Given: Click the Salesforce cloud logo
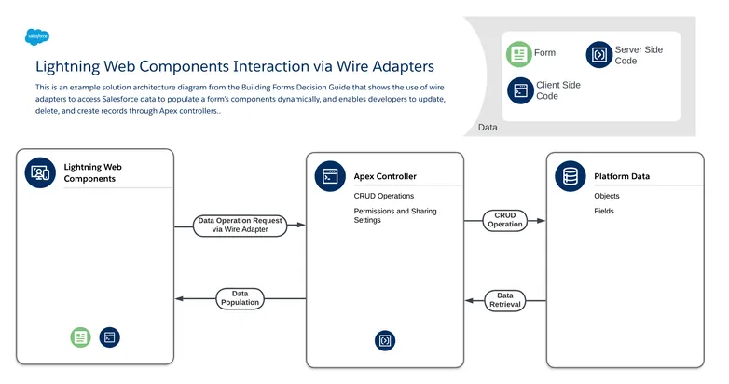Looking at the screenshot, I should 38,37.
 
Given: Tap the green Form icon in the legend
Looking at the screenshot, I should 518,54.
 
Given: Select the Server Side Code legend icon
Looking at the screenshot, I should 598,55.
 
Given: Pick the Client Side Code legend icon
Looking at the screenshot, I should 520,90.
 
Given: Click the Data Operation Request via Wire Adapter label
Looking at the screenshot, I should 239,225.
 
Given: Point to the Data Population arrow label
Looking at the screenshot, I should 239,298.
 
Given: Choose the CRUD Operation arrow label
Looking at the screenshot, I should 504,220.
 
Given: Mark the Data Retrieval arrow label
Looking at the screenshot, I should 504,299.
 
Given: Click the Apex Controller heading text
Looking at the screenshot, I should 385,176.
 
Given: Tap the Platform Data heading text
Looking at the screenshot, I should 622,176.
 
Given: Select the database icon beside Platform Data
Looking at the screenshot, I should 570,175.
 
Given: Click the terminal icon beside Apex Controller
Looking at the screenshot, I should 329,175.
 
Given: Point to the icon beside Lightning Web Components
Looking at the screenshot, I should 40,172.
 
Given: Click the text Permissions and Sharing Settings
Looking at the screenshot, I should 394,216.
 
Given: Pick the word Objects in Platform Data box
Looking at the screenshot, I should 606,196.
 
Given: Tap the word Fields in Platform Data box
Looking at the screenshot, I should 603,212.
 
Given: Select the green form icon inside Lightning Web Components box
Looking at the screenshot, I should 80,337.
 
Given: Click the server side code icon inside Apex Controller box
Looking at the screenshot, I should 385,340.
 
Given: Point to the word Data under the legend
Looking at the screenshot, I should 487,128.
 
